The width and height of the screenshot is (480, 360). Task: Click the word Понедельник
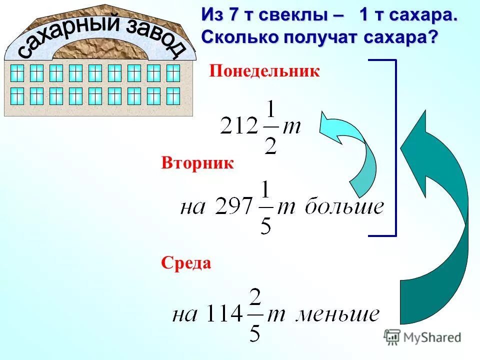pos(264,71)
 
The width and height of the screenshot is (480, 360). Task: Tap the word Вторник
pos(197,163)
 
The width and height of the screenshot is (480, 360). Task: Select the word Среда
pos(186,263)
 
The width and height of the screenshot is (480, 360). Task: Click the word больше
pos(344,206)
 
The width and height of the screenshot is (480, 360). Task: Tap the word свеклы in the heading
pos(288,15)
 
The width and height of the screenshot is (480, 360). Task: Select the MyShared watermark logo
pos(422,337)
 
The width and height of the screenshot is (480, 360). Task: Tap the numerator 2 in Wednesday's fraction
pos(254,298)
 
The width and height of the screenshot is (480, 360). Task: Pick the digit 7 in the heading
pos(232,15)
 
